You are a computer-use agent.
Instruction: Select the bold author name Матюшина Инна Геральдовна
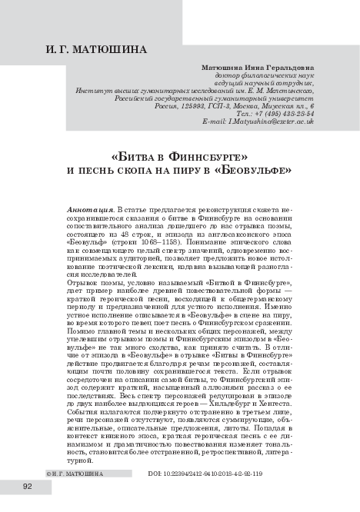tap(257, 67)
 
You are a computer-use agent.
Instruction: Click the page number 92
tap(28, 487)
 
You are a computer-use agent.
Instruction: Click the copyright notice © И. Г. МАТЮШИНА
tap(74, 475)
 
